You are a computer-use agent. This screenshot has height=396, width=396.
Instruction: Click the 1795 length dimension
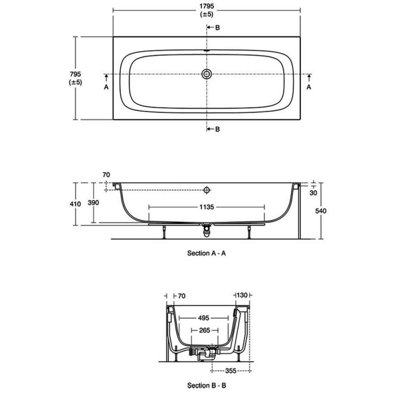tap(206, 6)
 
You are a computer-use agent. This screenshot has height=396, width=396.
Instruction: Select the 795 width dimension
tap(75, 74)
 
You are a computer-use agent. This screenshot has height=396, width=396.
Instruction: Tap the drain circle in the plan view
tap(206, 74)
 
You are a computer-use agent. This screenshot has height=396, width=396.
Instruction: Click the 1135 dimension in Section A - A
tap(206, 207)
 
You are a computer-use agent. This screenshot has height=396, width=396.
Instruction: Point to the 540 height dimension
tap(321, 211)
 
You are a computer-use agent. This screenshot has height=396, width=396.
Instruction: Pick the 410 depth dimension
tap(75, 203)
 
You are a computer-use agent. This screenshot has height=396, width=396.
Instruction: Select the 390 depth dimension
tap(93, 202)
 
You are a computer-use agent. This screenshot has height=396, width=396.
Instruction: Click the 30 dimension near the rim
tap(313, 193)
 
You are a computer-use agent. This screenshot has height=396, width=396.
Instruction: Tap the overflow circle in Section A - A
tap(206, 190)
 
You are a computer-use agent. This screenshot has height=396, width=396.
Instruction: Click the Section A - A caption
tap(206, 253)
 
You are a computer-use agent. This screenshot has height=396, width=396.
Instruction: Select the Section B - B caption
tap(206, 386)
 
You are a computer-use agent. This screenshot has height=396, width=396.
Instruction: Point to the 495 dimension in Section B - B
tap(203, 318)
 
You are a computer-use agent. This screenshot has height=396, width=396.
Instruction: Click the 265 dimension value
tap(204, 330)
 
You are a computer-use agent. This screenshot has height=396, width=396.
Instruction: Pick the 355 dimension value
tap(231, 371)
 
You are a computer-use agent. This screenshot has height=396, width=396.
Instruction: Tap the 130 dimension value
tap(242, 295)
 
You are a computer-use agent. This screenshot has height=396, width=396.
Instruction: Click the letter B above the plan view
tap(217, 28)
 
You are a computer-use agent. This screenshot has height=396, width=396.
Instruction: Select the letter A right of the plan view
tap(309, 87)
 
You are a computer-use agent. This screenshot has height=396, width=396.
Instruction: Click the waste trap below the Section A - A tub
tap(206, 230)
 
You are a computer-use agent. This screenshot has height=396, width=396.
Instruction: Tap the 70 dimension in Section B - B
tap(182, 296)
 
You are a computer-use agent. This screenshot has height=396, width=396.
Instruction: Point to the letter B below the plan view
tap(217, 129)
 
